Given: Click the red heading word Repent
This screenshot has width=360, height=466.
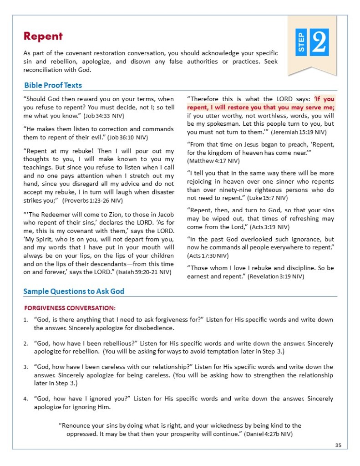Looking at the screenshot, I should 43,36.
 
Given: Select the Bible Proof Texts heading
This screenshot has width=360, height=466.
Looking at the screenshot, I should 53,85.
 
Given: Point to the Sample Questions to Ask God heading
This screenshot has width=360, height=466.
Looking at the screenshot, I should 74,291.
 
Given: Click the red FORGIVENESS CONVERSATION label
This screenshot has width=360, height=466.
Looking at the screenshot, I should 70,308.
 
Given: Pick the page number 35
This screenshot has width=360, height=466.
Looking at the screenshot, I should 338,445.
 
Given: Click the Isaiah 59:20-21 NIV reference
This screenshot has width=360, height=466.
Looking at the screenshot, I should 144,272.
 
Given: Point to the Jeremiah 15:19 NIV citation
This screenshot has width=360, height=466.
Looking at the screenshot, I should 299,132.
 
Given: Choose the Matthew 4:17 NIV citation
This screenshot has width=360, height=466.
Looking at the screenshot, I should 211,161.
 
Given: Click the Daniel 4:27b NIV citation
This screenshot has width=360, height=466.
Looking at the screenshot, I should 269,434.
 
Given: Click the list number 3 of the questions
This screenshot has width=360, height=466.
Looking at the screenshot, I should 26,367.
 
